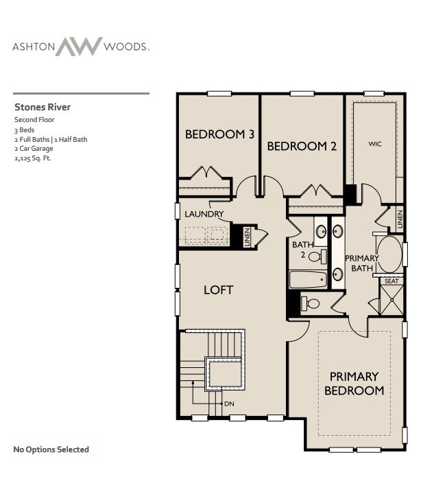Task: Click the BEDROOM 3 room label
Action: pos(219,134)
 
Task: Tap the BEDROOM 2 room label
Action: pos(302,146)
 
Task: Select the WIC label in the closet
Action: pos(374,144)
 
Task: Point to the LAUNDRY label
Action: pos(204,214)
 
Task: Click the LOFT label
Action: pos(218,290)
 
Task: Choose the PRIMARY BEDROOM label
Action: pos(354,383)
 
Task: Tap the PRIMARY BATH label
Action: pos(361,263)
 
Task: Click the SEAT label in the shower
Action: pos(391,281)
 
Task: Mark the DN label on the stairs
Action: pos(230,404)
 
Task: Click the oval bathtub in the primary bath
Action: pos(389,254)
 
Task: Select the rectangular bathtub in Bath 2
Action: pos(309,279)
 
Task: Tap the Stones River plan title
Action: pos(43,107)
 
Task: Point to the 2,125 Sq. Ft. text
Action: pos(33,158)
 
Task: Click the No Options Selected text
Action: pos(51,449)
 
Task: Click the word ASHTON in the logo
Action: pos(32,47)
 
